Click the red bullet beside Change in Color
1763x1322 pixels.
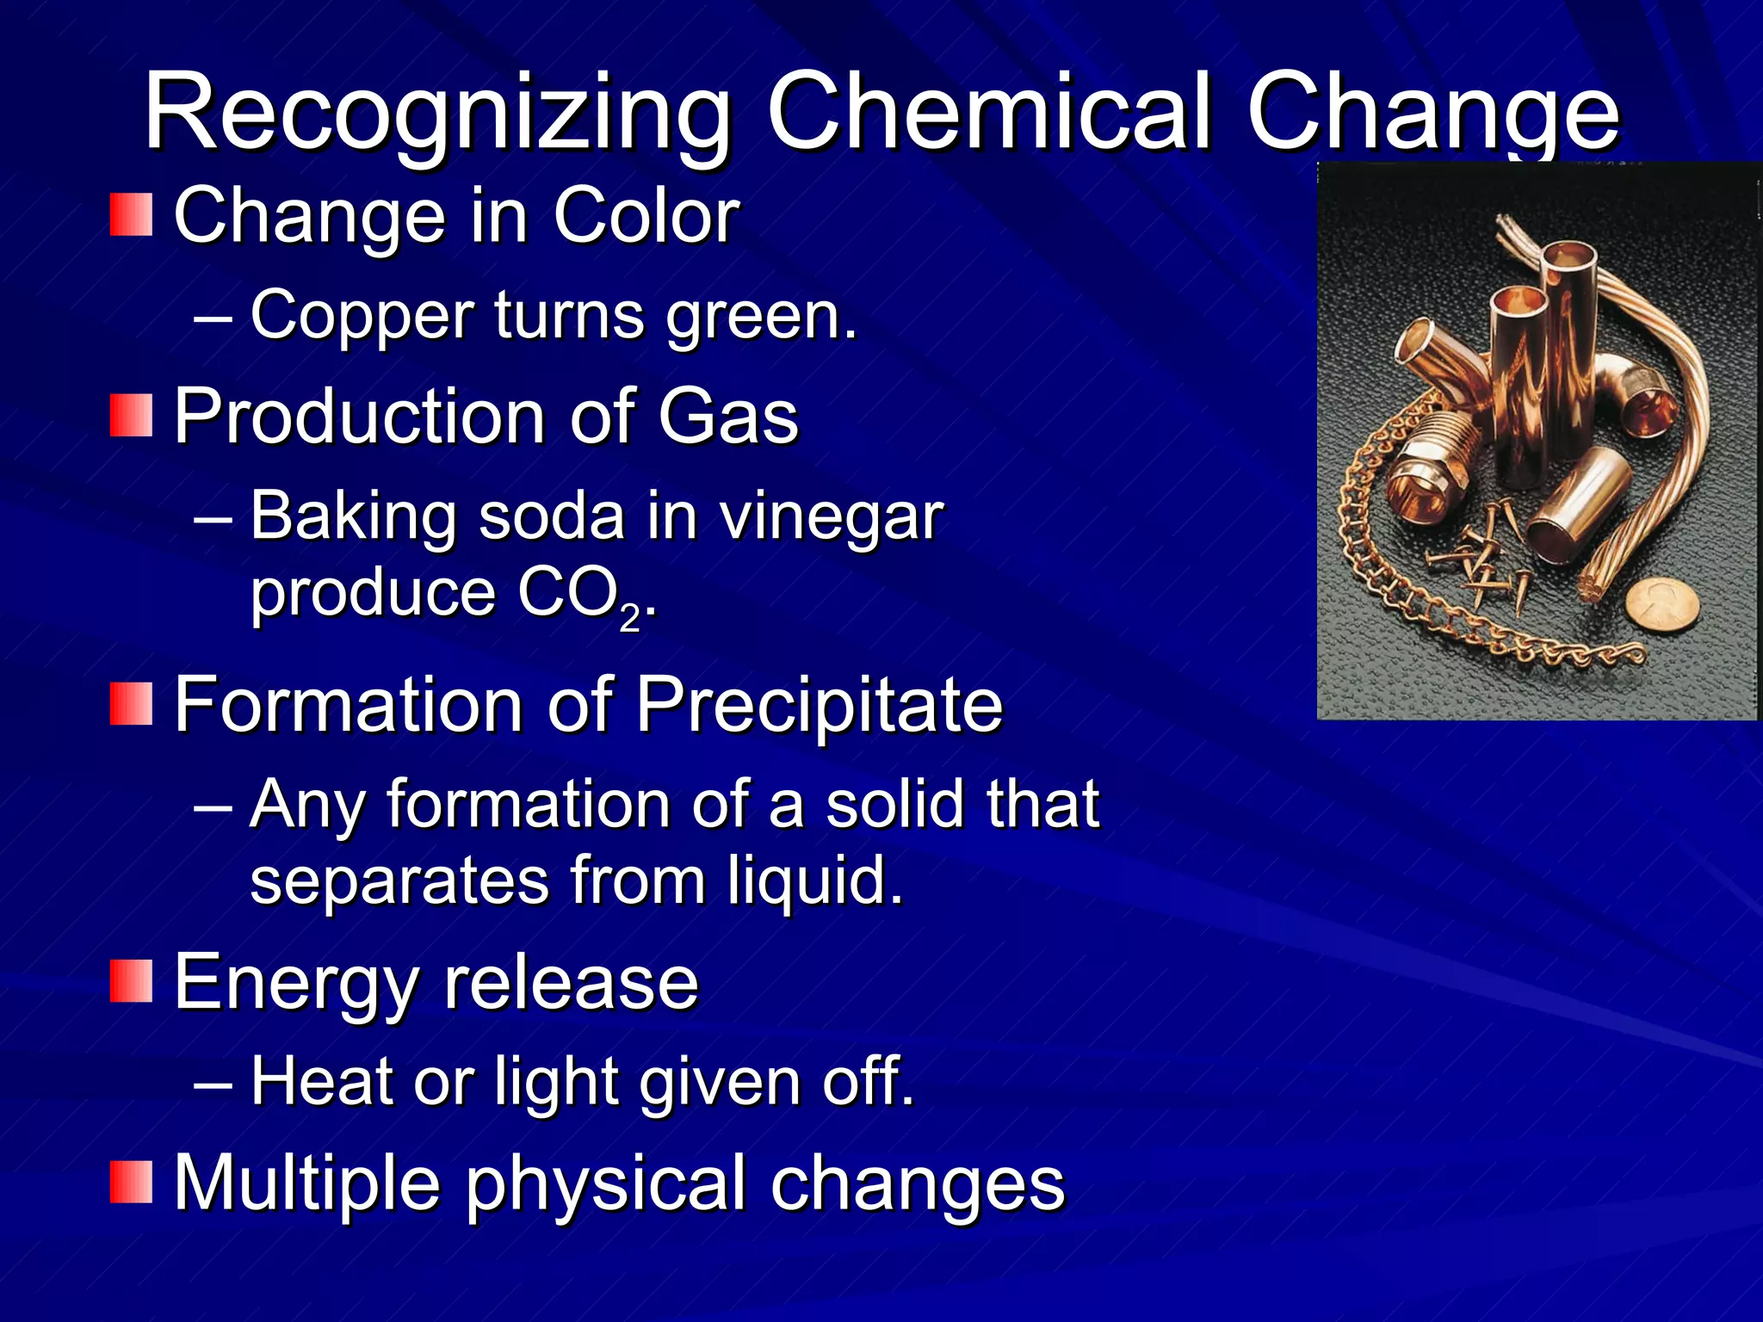[131, 215]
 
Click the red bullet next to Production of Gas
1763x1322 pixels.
[131, 416]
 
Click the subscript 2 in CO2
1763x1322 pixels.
[630, 618]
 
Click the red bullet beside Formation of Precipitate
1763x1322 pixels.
[131, 704]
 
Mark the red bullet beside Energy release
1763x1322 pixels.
[131, 982]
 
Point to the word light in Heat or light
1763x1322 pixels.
[555, 1082]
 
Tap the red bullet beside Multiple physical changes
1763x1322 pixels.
[131, 1182]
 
